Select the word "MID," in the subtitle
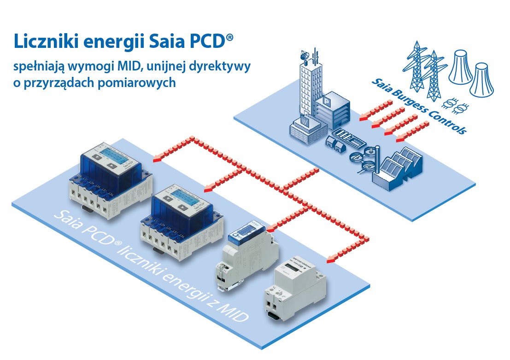[132, 67]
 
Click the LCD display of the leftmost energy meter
[110, 154]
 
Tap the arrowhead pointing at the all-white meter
[331, 260]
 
